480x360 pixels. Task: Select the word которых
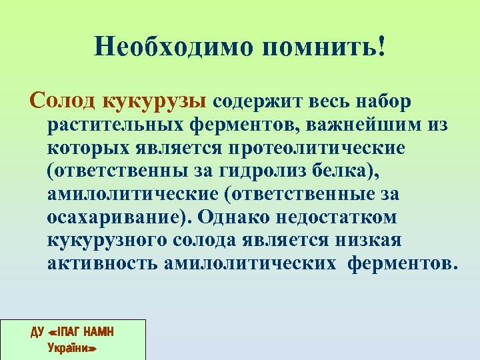(x=79, y=147)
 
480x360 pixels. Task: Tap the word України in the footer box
(x=73, y=347)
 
